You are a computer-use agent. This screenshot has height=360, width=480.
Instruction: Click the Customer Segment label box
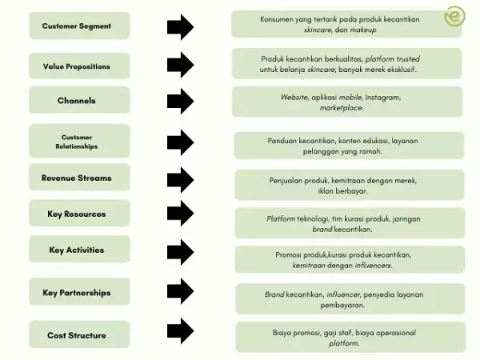77,26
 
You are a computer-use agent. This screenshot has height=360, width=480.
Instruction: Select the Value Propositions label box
77,66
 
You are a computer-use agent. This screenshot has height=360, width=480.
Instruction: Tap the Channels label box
77,101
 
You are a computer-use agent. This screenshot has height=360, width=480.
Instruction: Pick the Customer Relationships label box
77,142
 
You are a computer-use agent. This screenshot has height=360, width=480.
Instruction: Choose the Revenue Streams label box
77,178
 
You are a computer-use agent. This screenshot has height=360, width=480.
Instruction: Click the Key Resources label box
77,214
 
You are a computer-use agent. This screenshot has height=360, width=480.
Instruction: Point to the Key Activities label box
77,250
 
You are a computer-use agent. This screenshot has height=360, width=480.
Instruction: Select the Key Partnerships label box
77,293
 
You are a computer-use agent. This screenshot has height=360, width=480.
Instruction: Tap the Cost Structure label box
77,335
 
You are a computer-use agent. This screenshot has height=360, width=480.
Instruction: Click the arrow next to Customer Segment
180,26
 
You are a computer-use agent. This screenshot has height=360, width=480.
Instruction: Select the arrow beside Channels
180,101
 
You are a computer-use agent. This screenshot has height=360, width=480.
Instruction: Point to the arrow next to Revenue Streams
180,178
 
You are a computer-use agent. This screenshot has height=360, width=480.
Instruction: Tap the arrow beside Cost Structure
180,330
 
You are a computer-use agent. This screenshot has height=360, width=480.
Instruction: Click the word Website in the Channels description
294,97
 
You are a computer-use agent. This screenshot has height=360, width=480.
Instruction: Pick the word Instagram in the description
381,97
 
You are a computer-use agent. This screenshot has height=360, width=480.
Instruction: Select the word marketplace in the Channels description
342,107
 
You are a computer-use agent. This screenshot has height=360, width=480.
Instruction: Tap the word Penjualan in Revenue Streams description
288,180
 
